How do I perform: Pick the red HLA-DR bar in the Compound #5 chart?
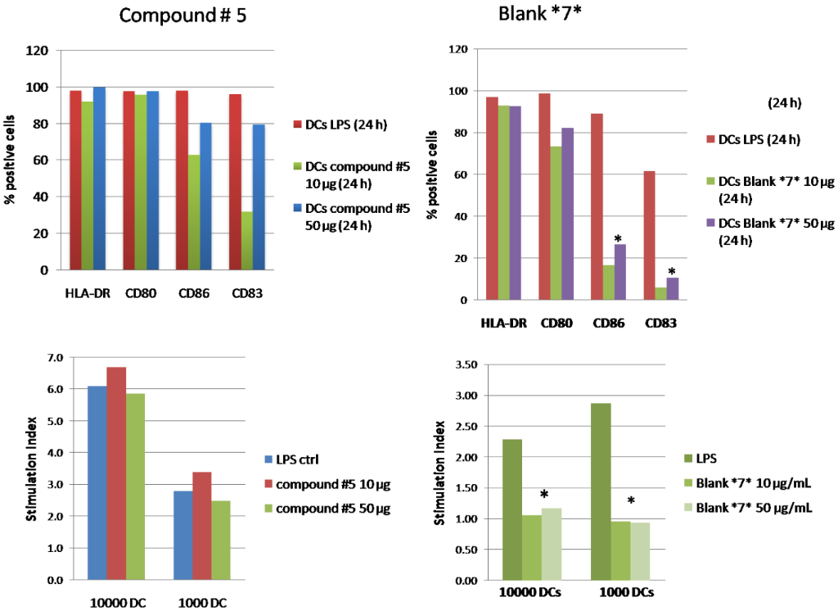75,179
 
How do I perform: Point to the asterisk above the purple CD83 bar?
671,272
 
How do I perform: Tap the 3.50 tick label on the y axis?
463,364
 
